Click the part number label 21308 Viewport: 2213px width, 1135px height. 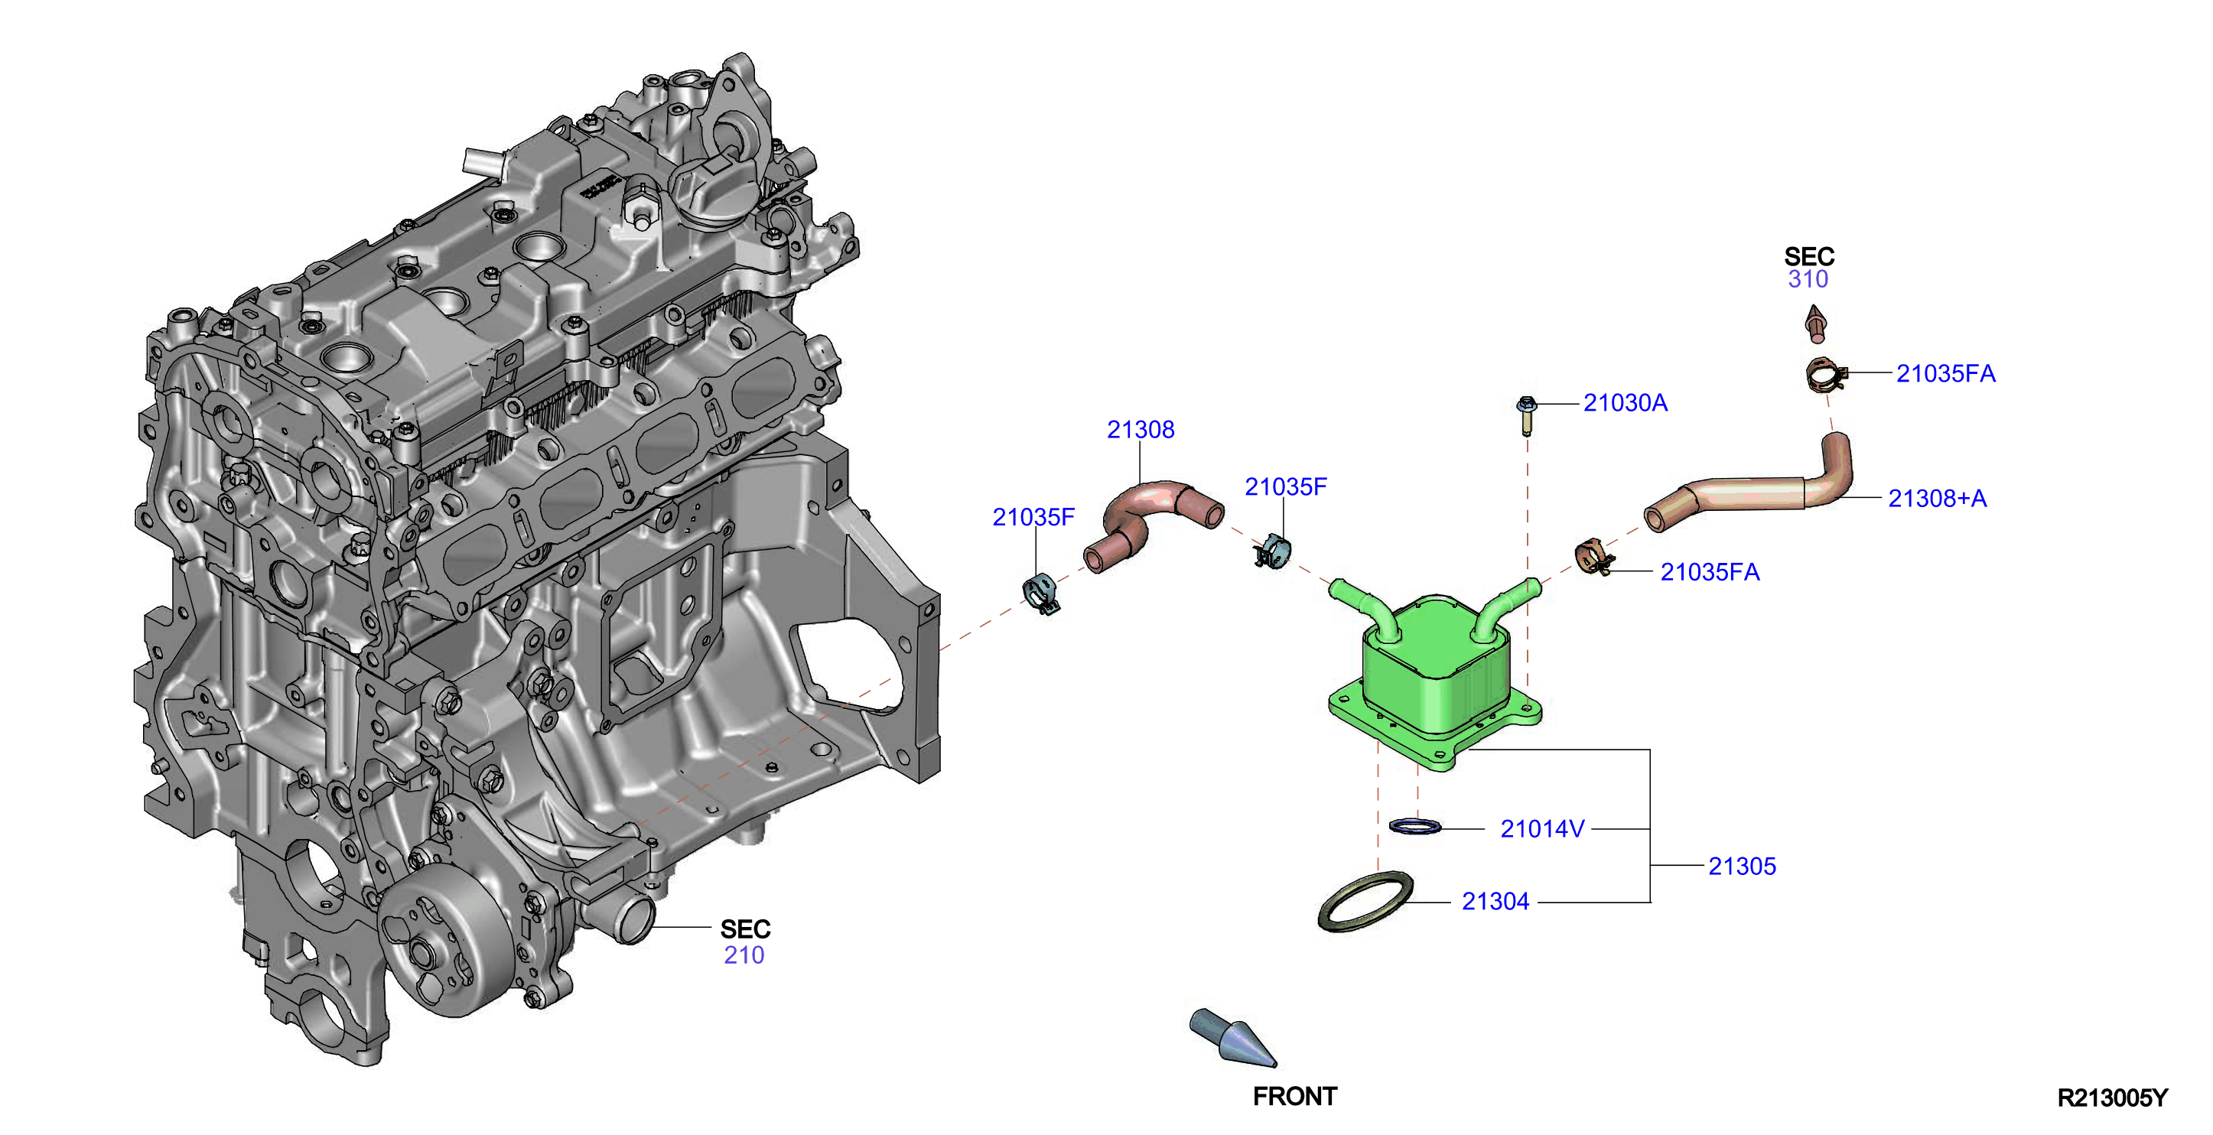click(1140, 430)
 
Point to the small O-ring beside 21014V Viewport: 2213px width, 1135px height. click(1415, 827)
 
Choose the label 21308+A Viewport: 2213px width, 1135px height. click(1937, 499)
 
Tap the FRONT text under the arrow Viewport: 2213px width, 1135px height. click(1294, 1096)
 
